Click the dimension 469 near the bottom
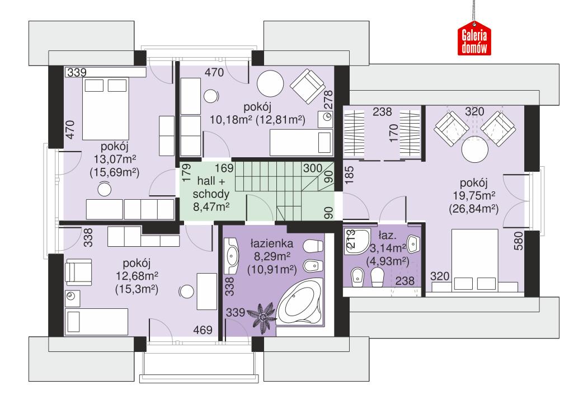203,330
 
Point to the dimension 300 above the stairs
313,167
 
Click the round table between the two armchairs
474,148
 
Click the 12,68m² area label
137,277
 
